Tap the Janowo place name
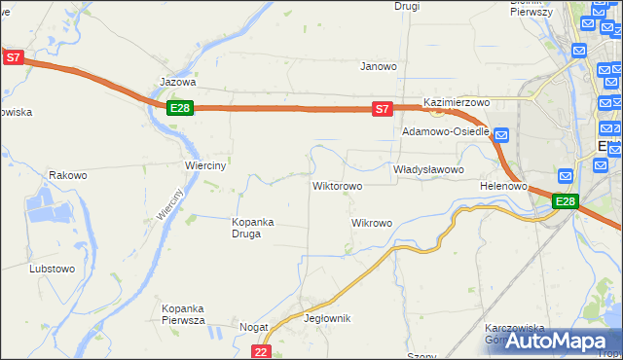tap(379, 67)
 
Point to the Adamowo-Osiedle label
tap(445, 131)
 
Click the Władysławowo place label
tap(428, 169)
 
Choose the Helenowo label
tap(503, 185)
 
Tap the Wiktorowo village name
tap(337, 185)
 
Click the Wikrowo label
tap(371, 223)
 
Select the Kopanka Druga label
tap(252, 228)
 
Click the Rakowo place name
tap(68, 176)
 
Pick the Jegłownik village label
tap(327, 318)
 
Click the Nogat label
tap(253, 328)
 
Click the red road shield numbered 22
tap(260, 351)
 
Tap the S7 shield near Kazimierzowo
tap(384, 109)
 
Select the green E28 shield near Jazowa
tap(179, 108)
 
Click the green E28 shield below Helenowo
tap(566, 201)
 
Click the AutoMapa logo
tap(559, 341)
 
